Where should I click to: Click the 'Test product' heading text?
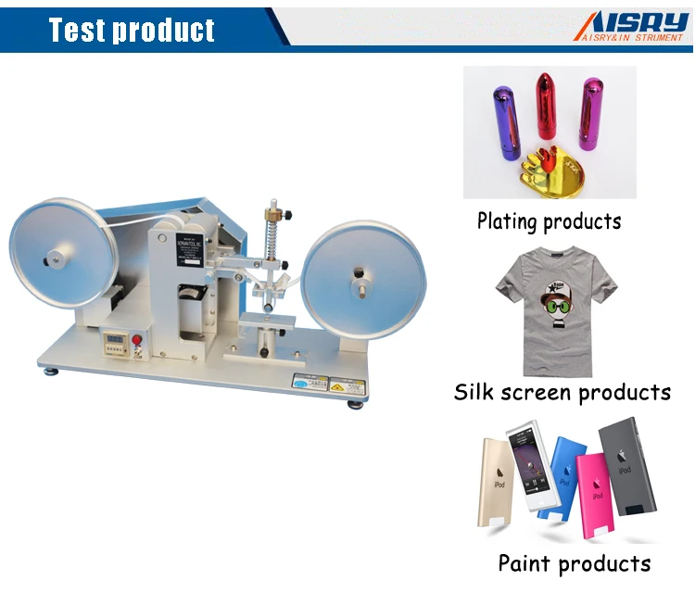(133, 30)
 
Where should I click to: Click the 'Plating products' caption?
(549, 221)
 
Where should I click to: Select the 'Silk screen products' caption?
(562, 392)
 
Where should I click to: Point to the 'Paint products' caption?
(574, 562)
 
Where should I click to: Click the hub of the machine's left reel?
(59, 256)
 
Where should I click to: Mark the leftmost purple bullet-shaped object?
(506, 122)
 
